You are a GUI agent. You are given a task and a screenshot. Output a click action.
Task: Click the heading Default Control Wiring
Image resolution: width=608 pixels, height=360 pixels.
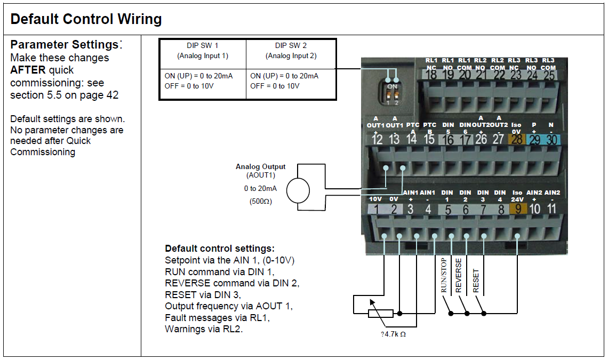click(86, 19)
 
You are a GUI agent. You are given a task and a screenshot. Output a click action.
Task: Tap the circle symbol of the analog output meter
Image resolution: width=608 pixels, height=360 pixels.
click(298, 190)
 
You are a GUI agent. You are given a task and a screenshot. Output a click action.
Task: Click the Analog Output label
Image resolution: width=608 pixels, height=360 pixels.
click(261, 166)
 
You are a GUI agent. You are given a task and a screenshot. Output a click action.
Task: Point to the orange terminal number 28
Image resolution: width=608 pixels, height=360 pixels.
click(516, 139)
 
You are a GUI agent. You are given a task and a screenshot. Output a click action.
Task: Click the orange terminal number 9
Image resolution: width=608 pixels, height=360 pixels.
click(518, 209)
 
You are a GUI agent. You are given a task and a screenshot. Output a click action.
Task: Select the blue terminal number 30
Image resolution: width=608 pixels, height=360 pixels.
click(551, 139)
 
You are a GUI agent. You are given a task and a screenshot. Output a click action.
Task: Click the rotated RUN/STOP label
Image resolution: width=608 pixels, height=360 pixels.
click(444, 275)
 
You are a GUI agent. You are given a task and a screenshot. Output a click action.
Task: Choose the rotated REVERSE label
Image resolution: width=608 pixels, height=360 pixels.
click(459, 275)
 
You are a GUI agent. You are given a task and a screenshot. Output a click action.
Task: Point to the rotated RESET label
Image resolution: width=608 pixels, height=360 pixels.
click(476, 281)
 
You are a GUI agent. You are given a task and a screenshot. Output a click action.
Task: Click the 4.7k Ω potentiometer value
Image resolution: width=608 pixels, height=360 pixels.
click(393, 334)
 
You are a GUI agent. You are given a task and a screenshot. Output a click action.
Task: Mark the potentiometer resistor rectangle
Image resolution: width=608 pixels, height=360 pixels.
click(380, 314)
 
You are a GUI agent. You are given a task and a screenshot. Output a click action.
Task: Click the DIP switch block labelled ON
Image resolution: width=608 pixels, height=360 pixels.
click(392, 94)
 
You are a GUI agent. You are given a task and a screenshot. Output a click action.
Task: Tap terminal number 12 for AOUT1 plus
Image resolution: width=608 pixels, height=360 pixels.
click(377, 139)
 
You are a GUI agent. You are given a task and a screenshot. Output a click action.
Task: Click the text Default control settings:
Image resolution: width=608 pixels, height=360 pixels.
click(220, 249)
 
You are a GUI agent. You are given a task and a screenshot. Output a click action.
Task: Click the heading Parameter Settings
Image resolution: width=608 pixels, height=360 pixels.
click(65, 45)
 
